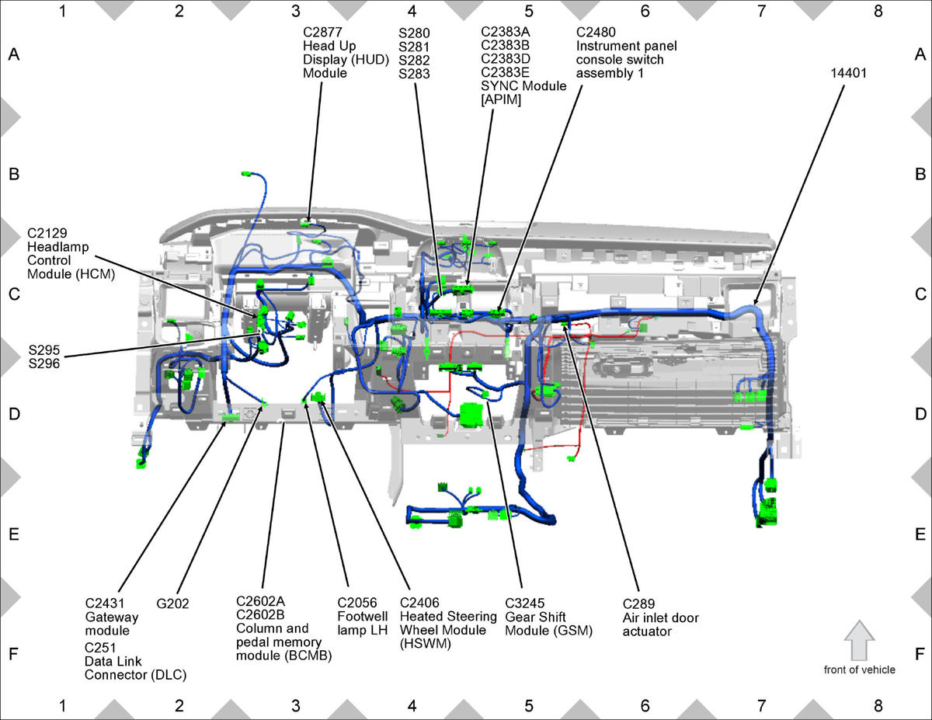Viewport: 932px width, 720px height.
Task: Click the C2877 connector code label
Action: (322, 32)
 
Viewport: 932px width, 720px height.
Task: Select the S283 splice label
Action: (414, 74)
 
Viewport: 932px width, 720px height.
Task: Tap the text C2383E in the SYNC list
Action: (505, 72)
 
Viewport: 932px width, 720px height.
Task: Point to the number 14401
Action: (848, 73)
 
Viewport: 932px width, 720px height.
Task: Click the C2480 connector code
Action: (596, 32)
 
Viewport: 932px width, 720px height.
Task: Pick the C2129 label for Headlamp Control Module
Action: (47, 233)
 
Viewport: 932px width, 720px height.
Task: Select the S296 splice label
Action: (44, 363)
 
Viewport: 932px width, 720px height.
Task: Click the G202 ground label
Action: (172, 603)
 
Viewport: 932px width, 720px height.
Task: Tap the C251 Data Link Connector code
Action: (100, 648)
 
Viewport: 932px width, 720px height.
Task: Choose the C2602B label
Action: (260, 614)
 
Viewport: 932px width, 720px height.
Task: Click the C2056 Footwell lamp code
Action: (356, 603)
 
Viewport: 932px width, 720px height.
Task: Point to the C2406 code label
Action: (419, 603)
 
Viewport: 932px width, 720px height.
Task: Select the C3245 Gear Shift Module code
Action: (524, 603)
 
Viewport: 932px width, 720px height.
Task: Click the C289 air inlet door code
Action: (638, 603)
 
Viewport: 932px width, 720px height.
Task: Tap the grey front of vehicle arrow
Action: (859, 640)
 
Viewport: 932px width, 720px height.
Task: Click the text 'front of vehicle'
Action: (860, 670)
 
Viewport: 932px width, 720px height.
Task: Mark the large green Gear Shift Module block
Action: (471, 415)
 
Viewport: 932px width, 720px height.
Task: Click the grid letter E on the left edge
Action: (14, 534)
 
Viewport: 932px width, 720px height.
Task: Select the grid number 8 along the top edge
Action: (878, 11)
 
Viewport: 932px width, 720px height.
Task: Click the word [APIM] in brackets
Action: (501, 100)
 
